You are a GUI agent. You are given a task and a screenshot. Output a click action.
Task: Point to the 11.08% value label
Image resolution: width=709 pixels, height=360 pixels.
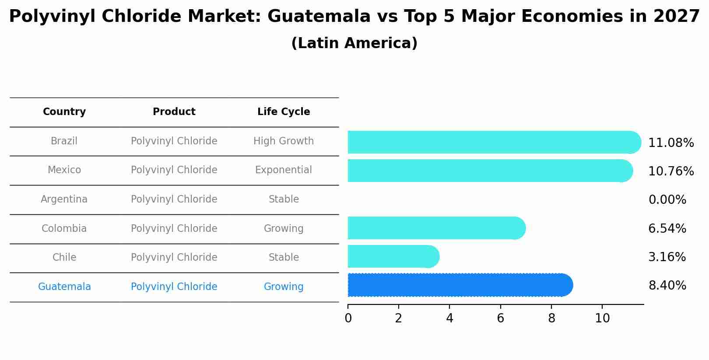point(670,143)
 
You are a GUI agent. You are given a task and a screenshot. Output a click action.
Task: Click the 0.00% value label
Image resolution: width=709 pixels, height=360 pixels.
point(667,200)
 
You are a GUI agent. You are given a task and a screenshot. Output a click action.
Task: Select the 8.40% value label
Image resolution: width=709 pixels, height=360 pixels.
point(667,286)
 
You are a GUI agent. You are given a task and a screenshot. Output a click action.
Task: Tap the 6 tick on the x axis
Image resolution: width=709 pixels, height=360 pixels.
point(500,318)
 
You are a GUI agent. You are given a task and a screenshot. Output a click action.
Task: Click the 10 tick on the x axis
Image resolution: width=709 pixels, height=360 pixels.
point(602,318)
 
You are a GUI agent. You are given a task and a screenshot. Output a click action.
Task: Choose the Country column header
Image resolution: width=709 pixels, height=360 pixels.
point(64,112)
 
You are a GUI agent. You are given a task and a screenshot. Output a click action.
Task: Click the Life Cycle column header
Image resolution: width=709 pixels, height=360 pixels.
point(284,112)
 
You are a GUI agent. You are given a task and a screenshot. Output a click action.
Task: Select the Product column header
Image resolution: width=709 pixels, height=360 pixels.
point(174,112)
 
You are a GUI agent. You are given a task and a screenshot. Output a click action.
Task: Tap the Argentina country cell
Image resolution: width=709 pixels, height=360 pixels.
point(64,199)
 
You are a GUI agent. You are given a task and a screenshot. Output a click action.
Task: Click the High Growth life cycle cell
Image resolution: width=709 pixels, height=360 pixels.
point(284,141)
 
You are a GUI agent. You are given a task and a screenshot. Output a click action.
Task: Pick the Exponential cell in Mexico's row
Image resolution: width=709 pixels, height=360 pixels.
point(284,170)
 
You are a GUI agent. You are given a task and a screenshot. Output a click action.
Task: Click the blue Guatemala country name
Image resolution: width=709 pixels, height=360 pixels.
point(64,287)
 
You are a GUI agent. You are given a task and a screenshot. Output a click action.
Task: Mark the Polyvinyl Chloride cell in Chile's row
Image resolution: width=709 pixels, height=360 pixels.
point(174,258)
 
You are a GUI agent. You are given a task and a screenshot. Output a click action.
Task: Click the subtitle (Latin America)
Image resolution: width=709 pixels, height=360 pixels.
point(354,43)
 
